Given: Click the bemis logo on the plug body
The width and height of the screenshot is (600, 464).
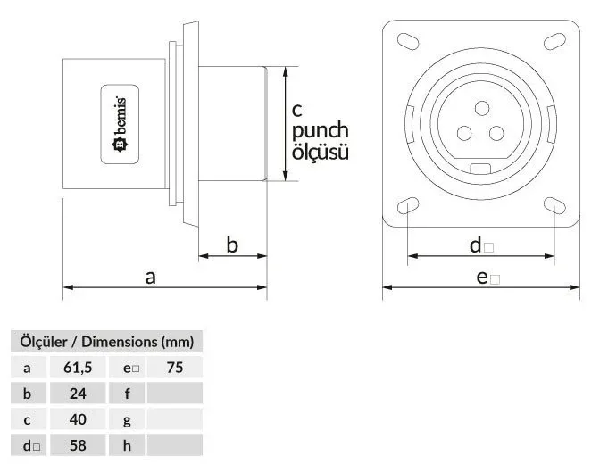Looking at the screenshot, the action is click(120, 124).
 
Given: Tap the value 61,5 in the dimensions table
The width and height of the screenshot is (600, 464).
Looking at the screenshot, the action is click(78, 368).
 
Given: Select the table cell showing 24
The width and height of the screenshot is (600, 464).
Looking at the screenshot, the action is click(78, 394).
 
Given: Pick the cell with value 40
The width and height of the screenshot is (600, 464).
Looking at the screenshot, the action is click(78, 419).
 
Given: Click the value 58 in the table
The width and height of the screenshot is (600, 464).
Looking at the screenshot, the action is click(78, 445).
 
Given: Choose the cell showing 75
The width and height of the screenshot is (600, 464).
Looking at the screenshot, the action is click(175, 368).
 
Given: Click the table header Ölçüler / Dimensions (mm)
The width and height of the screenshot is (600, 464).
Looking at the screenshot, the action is click(107, 342).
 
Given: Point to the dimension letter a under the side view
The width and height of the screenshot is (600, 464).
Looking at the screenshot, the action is click(150, 277).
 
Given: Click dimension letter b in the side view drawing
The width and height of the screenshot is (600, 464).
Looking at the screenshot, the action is click(232, 244).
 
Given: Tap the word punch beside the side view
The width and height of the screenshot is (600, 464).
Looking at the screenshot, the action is click(321, 131).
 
